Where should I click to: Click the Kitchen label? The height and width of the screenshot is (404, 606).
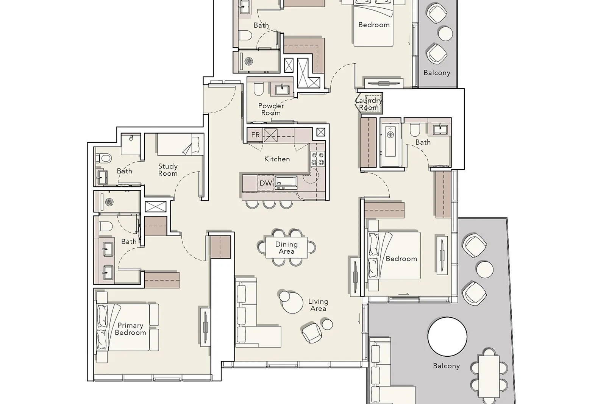click(x=277, y=159)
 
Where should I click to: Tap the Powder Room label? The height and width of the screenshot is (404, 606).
click(x=271, y=109)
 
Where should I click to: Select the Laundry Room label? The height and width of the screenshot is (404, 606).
click(x=369, y=104)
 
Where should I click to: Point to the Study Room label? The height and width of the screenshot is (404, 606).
click(x=168, y=170)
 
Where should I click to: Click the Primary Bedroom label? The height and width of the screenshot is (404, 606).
click(x=130, y=329)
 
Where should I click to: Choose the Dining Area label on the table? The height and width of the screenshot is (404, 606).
click(x=286, y=248)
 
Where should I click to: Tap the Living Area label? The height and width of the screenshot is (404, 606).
click(x=318, y=305)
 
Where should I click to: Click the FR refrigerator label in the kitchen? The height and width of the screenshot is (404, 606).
click(x=255, y=135)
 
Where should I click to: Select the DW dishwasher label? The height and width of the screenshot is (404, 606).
click(x=266, y=183)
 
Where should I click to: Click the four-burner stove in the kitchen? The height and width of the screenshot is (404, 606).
click(x=318, y=159)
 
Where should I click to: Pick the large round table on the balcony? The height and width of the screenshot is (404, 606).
click(x=447, y=336)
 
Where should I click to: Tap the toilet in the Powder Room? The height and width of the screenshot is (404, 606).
click(x=258, y=89)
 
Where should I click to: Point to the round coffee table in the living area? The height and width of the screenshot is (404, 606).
click(x=292, y=303)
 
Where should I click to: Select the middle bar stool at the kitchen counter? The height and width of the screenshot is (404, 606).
click(x=269, y=204)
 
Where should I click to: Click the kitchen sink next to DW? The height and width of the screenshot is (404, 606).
click(x=286, y=182)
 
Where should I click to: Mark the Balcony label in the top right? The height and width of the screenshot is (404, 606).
click(x=437, y=73)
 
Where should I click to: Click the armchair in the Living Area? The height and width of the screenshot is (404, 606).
click(x=312, y=333)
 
